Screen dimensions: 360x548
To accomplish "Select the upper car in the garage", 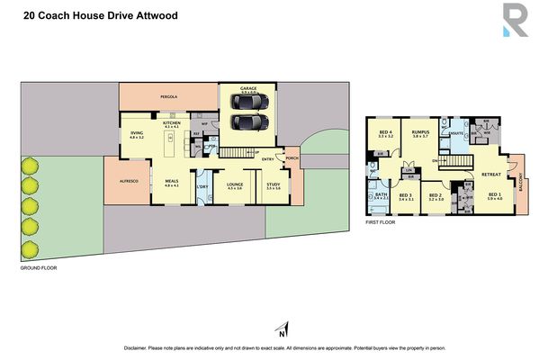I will pos(248,103).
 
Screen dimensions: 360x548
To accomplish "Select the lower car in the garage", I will pos(248,121).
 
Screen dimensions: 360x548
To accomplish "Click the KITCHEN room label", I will pos(173,122).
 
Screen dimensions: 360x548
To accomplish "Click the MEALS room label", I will pos(172,182).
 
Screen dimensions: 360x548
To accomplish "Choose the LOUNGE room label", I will pos(236,184).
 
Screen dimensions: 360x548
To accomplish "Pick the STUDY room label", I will pos(274,184).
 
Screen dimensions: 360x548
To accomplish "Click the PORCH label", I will pos(291,158).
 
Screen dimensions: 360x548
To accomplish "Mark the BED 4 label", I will pos(385,131).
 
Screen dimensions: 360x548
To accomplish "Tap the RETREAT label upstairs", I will pos(491,175).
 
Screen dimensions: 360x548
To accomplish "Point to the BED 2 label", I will pos(436,195).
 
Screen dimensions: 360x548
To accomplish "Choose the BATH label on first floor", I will pos(381,194).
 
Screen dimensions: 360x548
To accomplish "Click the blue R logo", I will pos(515,22).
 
